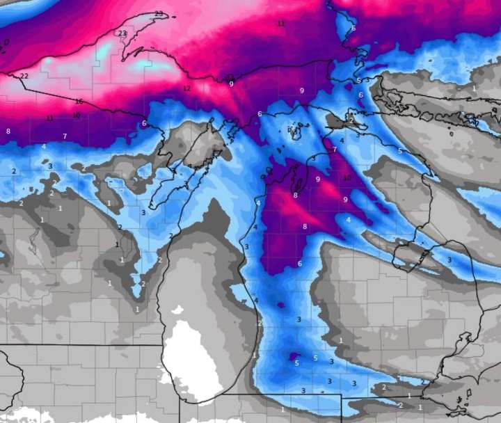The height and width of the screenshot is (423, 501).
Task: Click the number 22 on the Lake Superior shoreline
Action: (x=24, y=76)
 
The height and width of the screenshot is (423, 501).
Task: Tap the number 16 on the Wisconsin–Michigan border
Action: (x=79, y=102)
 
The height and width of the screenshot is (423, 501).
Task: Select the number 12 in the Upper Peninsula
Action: (x=186, y=88)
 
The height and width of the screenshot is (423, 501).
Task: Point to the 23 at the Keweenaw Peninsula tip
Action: (x=159, y=14)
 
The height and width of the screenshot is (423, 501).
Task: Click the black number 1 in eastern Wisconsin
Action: (x=116, y=244)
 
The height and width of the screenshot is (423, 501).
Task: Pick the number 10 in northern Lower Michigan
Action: (x=347, y=178)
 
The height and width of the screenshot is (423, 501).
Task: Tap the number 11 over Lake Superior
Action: (x=281, y=24)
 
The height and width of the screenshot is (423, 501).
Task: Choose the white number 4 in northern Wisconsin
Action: (x=44, y=146)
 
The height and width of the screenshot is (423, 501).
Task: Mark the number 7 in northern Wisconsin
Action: (x=65, y=136)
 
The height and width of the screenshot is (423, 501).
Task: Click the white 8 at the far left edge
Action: (x=8, y=131)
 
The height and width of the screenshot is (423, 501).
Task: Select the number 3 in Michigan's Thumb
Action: (x=449, y=260)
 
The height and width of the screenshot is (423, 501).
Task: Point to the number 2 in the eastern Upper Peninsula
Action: (x=351, y=120)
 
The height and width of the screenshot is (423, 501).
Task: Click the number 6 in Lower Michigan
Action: (x=300, y=264)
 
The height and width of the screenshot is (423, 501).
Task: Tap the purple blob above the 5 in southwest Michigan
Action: (x=291, y=357)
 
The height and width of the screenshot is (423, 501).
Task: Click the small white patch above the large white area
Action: (x=180, y=310)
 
